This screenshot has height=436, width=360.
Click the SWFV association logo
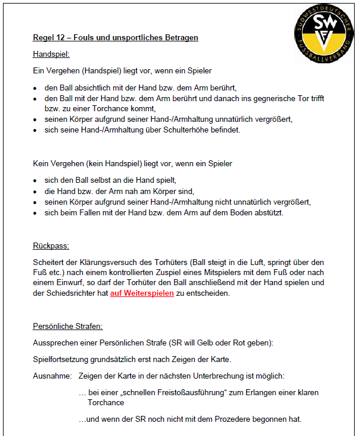322,33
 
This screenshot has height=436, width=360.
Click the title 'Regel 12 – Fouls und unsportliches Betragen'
115,38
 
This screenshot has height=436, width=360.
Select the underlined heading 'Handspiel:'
51,54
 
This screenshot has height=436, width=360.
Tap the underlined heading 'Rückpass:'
51,246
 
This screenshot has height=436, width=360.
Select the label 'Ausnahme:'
52,376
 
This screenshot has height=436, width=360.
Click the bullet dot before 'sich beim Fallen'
36,213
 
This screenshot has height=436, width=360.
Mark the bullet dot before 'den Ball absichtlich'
36,88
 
